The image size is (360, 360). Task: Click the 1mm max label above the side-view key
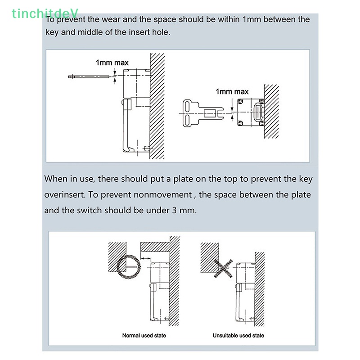[112, 63]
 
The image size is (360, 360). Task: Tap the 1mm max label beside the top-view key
[232, 91]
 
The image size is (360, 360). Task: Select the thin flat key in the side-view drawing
[90, 77]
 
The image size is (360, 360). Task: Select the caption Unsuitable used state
[238, 335]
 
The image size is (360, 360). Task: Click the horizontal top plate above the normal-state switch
[155, 246]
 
